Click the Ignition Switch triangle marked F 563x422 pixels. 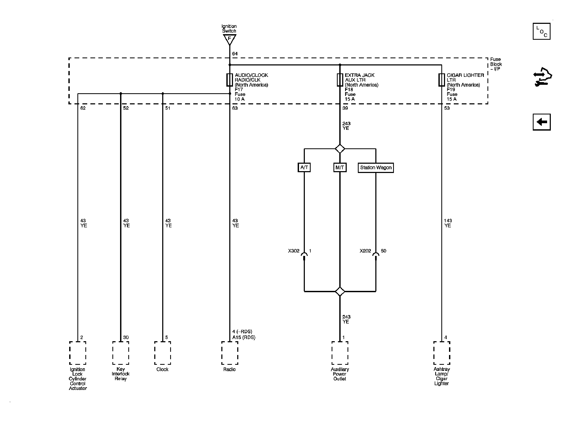coord(230,39)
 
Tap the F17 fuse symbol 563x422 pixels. coord(230,80)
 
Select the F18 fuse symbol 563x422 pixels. coord(340,80)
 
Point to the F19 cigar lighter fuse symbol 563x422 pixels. coord(442,80)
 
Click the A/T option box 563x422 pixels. coord(304,167)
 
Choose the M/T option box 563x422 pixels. coord(340,167)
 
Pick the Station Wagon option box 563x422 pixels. coord(376,168)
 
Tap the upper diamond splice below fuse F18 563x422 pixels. coord(340,149)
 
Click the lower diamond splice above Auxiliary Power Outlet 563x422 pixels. coord(340,291)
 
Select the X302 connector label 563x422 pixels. coord(294,251)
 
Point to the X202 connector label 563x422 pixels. coord(365,251)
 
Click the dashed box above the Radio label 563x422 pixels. coord(230,353)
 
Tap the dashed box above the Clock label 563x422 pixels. coord(162,353)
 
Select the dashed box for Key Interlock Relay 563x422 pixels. coord(121,353)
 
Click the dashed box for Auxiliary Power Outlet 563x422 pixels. coord(340,353)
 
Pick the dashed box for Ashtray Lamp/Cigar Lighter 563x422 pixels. coord(442,353)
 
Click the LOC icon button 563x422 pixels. coord(542,31)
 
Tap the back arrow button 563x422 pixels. coord(542,122)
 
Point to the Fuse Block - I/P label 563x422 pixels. coord(496,64)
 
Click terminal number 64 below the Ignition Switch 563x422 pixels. coord(235,54)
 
